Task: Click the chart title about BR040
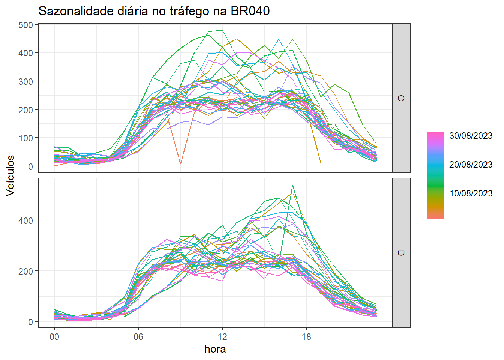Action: click(154, 11)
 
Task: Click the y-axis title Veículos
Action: click(10, 175)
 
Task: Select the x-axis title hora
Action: click(215, 349)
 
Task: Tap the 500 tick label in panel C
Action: click(26, 25)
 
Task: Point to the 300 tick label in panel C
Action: click(26, 81)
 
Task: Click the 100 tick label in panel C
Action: click(26, 138)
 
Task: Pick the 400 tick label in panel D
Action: click(26, 220)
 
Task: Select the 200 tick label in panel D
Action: click(26, 271)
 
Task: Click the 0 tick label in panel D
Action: click(30, 322)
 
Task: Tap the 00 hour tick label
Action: click(54, 337)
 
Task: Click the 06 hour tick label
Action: click(138, 337)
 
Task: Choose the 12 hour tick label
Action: click(222, 337)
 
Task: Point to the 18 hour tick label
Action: click(306, 337)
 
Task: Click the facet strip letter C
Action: click(401, 98)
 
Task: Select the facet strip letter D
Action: click(401, 253)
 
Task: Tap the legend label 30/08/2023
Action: click(471, 136)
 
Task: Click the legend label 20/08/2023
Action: click(471, 165)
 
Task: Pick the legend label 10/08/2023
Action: click(471, 193)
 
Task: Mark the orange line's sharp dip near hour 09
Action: click(180, 163)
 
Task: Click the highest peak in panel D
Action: click(292, 185)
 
